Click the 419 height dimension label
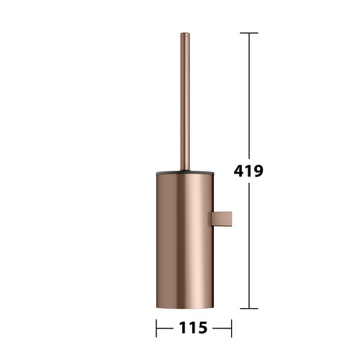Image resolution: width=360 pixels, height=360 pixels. point(248,171)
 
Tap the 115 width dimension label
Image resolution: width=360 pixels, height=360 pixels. point(193,328)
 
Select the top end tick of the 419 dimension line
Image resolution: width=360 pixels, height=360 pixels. point(249,33)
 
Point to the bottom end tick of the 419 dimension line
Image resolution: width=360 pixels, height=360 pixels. point(249,308)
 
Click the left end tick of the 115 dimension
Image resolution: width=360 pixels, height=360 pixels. point(156,328)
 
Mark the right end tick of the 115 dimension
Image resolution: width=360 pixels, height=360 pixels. point(231,328)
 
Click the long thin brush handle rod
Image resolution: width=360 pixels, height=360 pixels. point(185,102)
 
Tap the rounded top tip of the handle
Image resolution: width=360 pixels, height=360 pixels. point(185,33)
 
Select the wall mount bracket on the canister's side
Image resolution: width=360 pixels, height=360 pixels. point(222,219)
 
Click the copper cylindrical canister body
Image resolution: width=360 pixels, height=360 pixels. point(185,240)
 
